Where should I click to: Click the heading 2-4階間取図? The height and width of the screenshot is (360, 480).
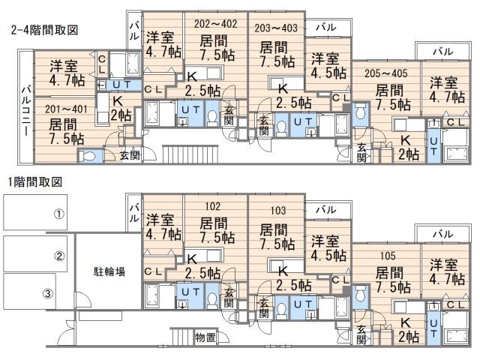tap(44, 30)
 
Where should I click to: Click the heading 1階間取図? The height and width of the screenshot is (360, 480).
tap(35, 181)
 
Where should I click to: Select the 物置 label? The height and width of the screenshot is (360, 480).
tap(204, 336)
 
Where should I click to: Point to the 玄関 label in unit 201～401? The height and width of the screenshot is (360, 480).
tap(130, 155)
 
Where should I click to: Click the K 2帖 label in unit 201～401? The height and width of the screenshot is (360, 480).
tap(118, 108)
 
